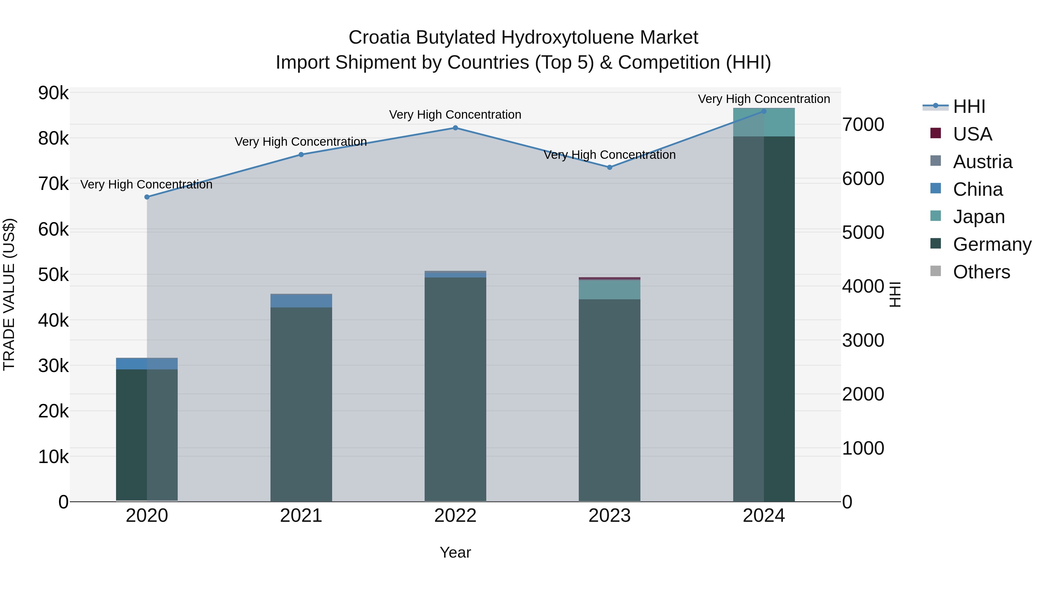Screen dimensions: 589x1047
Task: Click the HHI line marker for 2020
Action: [147, 197]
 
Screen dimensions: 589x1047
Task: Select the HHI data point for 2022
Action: [455, 128]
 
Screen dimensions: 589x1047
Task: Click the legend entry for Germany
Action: [992, 244]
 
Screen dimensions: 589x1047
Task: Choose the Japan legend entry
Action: [978, 217]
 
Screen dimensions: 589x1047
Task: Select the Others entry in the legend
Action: [981, 272]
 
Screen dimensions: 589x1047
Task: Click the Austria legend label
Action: [982, 162]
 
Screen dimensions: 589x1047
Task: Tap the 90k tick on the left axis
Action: [53, 93]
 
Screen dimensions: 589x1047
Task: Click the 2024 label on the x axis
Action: [764, 516]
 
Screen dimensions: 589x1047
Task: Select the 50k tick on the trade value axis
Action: [53, 275]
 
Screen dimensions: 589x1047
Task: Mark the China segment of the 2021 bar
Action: [301, 301]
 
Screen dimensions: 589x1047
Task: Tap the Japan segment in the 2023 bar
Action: [610, 290]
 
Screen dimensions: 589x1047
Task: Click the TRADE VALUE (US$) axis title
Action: [9, 294]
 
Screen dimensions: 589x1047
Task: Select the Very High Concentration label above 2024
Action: [764, 99]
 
